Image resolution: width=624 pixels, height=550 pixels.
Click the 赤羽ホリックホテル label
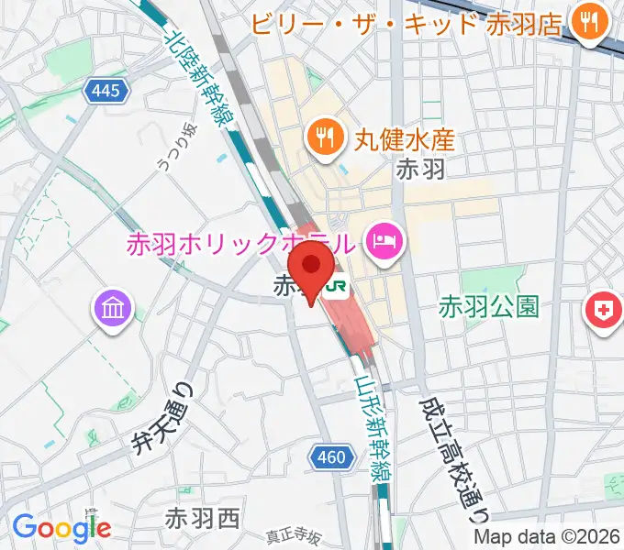click(240, 245)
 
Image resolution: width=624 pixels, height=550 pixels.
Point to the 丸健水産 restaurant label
click(405, 139)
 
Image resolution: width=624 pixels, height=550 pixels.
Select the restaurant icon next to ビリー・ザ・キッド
click(585, 19)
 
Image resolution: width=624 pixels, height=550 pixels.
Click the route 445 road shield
click(106, 89)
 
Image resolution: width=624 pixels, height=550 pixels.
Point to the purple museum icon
click(115, 308)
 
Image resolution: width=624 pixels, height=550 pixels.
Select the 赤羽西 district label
click(202, 519)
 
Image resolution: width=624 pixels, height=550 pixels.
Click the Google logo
click(61, 527)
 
